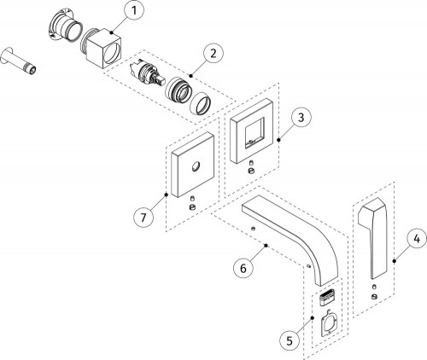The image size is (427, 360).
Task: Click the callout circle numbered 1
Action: (x=134, y=11)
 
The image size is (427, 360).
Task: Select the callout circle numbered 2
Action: (x=213, y=53)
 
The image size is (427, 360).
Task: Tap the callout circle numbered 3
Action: (x=301, y=117)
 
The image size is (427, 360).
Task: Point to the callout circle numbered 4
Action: (x=417, y=240)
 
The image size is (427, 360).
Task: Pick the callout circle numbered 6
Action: (x=243, y=268)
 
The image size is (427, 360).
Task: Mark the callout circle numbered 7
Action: (x=143, y=218)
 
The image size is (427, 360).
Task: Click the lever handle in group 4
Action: (x=373, y=237)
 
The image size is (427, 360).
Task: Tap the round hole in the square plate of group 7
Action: (x=196, y=166)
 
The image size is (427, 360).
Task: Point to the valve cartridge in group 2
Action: (x=146, y=73)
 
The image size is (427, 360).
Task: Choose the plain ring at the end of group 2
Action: (x=201, y=104)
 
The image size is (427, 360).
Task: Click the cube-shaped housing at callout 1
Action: (x=103, y=49)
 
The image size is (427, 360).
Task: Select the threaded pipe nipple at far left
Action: (x=19, y=61)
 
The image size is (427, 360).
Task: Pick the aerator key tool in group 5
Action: (x=330, y=323)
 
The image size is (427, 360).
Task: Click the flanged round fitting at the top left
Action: (x=64, y=26)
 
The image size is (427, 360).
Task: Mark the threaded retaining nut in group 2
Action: (x=177, y=90)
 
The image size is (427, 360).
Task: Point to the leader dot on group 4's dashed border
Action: (x=394, y=261)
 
